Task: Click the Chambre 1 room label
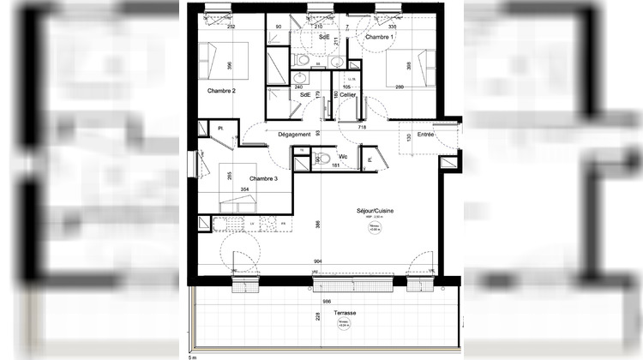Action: [380, 38]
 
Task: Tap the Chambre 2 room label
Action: [221, 90]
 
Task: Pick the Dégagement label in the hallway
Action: [293, 135]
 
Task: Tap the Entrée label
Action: [425, 134]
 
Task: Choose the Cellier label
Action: [348, 95]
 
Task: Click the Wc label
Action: [342, 157]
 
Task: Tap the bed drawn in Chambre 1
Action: [406, 69]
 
